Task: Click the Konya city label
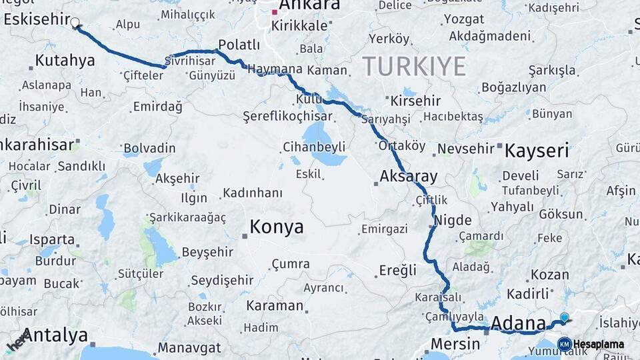tap(277, 227)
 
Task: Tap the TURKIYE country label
tap(414, 67)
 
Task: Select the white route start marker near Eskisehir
tap(75, 22)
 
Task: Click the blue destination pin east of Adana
tap(565, 317)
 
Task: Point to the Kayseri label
tap(537, 150)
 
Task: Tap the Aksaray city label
tap(409, 177)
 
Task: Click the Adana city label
tap(518, 325)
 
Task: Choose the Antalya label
tap(56, 335)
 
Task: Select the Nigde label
tap(453, 221)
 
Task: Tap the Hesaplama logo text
tap(598, 345)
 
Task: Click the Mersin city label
tap(455, 344)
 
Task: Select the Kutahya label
tap(65, 61)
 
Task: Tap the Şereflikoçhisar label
tap(287, 116)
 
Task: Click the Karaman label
tap(274, 306)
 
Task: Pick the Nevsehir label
tap(466, 148)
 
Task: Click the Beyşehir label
tap(207, 252)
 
